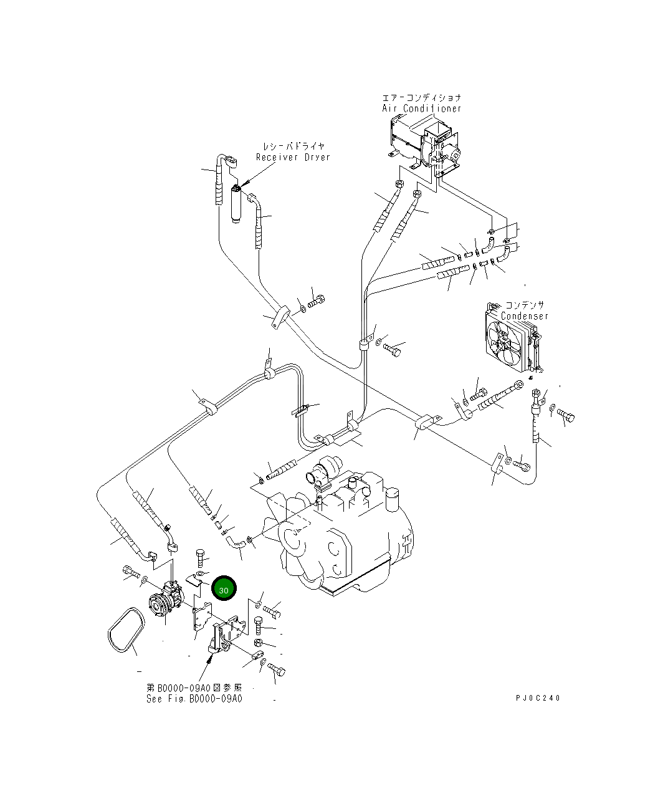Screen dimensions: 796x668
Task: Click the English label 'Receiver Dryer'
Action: [293, 157]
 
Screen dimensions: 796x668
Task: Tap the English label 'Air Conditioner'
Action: [422, 108]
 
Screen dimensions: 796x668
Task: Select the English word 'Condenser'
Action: [525, 316]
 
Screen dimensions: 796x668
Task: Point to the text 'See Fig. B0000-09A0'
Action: [194, 698]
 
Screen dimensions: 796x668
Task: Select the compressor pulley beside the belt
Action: [158, 605]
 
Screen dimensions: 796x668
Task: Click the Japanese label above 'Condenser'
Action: [524, 305]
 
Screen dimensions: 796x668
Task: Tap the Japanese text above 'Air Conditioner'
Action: [422, 98]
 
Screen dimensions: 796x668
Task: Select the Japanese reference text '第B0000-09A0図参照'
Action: [194, 688]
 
